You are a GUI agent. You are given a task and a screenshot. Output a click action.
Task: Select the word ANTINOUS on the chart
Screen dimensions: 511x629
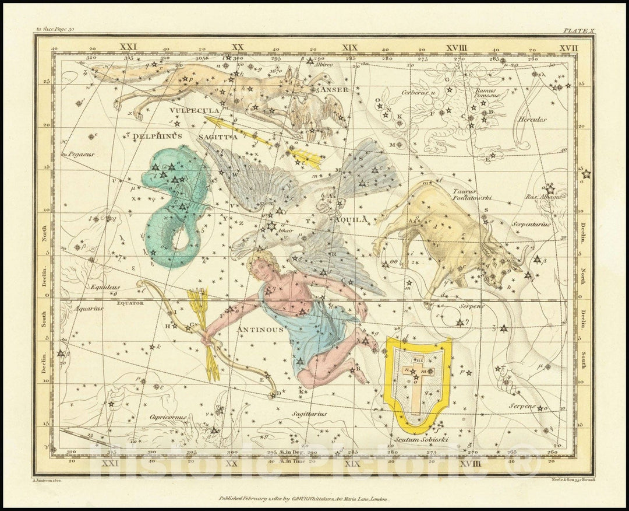pos(260,330)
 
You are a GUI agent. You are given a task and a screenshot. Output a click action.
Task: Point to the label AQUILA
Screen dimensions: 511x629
pos(351,219)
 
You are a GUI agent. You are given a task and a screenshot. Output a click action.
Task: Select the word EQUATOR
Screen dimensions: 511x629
pos(130,303)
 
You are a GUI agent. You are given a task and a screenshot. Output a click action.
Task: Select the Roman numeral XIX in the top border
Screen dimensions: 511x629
pos(350,47)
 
